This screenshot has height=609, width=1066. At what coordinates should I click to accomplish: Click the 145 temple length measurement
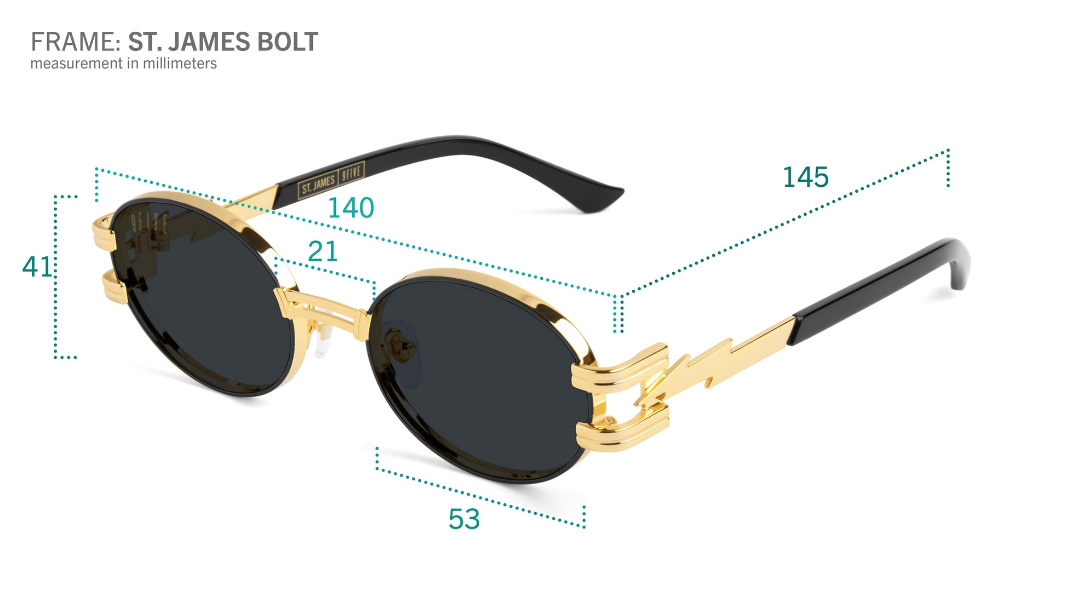click(x=805, y=177)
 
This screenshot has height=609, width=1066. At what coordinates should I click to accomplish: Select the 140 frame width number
click(x=351, y=208)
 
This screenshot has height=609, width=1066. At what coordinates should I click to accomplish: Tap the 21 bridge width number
click(x=323, y=251)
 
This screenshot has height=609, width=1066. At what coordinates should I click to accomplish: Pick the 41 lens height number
click(x=36, y=267)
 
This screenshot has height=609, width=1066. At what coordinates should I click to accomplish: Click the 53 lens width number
click(x=464, y=519)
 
